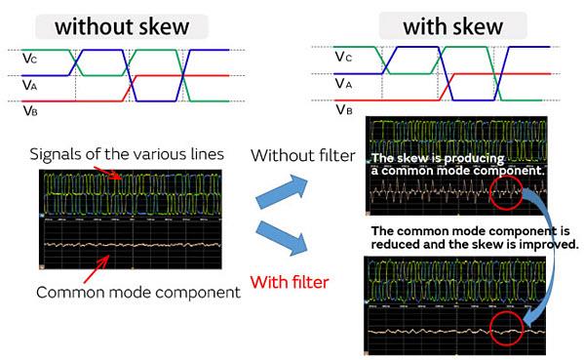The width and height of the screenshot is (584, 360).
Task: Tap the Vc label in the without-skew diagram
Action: click(31, 60)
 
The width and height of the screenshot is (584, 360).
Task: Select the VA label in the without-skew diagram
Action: click(31, 86)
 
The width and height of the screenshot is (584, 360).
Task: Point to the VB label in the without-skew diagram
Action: click(31, 110)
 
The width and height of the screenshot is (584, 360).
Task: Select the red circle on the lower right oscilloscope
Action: click(511, 328)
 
